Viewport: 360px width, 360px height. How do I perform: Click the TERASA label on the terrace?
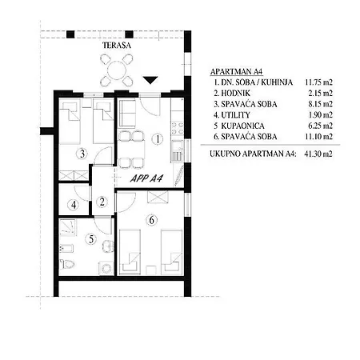point(117,46)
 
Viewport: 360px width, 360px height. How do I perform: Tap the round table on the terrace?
point(117,70)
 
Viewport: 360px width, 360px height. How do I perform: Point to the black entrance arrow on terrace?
point(150,80)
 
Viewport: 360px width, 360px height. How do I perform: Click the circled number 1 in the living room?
point(158,139)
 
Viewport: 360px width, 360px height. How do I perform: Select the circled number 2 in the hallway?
point(102,202)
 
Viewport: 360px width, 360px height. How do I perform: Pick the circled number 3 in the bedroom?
point(82,154)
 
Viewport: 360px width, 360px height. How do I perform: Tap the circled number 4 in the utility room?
point(74,205)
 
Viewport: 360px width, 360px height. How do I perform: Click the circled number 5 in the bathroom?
point(91,239)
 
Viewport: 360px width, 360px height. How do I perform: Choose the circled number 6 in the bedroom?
point(152,220)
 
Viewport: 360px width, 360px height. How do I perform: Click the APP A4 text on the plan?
point(146,178)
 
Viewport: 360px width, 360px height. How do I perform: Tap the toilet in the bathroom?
point(66,264)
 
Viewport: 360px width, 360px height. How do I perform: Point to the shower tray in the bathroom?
point(67,227)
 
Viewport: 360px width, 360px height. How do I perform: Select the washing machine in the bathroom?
point(106,268)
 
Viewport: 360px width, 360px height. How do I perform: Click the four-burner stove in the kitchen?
point(178,128)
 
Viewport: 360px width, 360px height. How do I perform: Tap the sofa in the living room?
point(127,113)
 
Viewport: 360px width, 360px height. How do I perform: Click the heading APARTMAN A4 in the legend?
point(236,71)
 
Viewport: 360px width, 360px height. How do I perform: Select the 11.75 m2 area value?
point(319,82)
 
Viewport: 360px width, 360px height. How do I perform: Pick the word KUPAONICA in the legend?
point(242,126)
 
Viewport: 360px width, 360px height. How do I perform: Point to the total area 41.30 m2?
point(318,154)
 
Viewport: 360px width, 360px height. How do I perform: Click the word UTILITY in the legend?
point(235,115)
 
